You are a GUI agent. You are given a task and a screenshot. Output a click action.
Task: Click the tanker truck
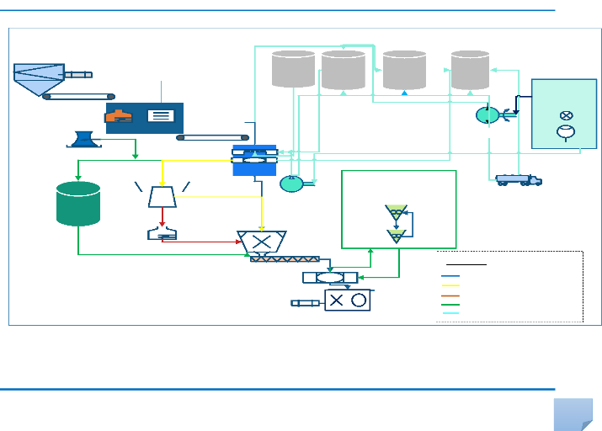[x=518, y=179]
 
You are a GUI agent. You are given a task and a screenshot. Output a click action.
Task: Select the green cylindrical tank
[x=78, y=204]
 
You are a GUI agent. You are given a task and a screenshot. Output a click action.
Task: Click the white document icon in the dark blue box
[x=157, y=116]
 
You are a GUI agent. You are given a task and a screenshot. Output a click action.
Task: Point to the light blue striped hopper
[x=39, y=76]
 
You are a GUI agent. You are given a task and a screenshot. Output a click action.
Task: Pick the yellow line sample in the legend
[x=450, y=286]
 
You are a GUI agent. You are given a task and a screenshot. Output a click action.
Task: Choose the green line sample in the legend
[x=450, y=304]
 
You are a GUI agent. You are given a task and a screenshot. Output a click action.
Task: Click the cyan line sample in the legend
[x=450, y=313]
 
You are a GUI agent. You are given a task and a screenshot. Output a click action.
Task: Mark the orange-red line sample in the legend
[x=450, y=295]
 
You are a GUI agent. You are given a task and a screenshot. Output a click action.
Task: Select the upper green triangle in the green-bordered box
[x=395, y=211]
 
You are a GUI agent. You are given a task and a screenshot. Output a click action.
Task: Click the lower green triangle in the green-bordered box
[x=395, y=236]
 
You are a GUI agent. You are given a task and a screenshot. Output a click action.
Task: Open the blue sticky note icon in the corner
[x=575, y=414]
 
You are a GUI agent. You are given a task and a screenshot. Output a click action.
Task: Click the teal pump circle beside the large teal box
[x=487, y=114]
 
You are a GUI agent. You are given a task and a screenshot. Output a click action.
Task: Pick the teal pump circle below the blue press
[x=291, y=183]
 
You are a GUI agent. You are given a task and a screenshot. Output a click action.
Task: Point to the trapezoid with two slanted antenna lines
[x=162, y=195]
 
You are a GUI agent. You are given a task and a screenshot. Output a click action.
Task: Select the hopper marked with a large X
[x=262, y=242]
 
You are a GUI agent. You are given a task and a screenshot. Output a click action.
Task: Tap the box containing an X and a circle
[x=349, y=300]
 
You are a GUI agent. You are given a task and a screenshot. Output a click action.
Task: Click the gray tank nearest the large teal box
[x=470, y=70]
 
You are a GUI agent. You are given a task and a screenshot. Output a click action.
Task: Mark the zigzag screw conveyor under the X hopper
[x=285, y=258]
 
